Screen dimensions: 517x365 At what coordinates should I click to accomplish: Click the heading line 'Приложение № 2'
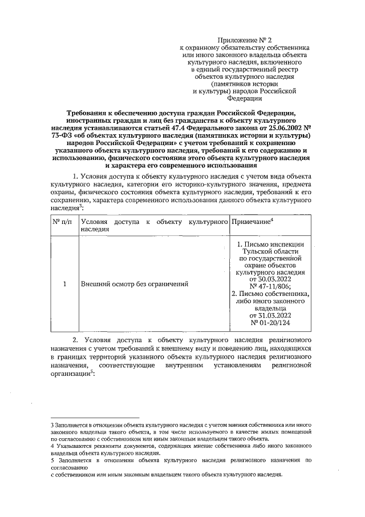[x=244, y=39]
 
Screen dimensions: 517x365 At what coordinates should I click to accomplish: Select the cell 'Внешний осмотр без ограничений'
[x=135, y=284]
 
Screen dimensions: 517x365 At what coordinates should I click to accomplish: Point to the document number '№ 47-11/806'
[x=270, y=287]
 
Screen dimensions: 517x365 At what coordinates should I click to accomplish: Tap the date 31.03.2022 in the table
[x=270, y=315]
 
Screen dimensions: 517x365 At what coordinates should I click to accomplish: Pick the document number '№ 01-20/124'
[x=270, y=322]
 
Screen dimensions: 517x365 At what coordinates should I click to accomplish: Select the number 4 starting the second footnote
[x=52, y=445]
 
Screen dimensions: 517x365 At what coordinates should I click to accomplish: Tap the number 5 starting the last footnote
[x=52, y=459]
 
